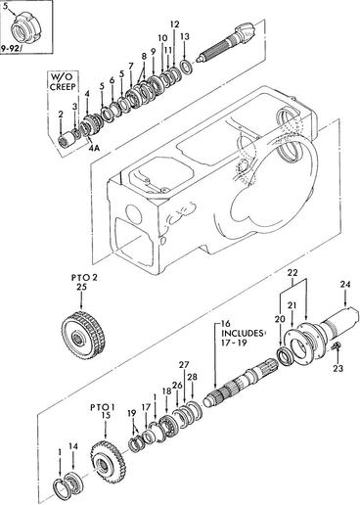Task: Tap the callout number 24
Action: point(345,285)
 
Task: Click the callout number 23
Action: point(338,368)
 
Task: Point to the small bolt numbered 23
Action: point(337,346)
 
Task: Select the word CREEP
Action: point(63,87)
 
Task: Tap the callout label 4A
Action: point(94,149)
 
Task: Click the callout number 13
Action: point(185,36)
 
